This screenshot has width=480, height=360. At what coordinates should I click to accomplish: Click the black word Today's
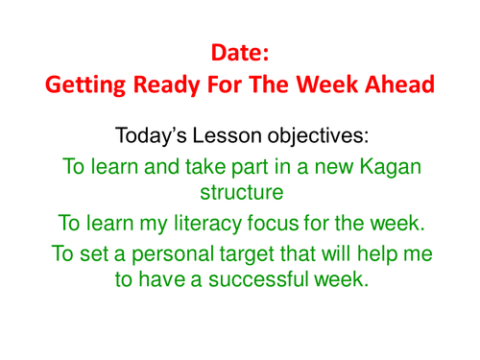coord(151,133)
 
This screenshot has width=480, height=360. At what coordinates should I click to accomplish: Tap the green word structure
coord(240,192)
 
